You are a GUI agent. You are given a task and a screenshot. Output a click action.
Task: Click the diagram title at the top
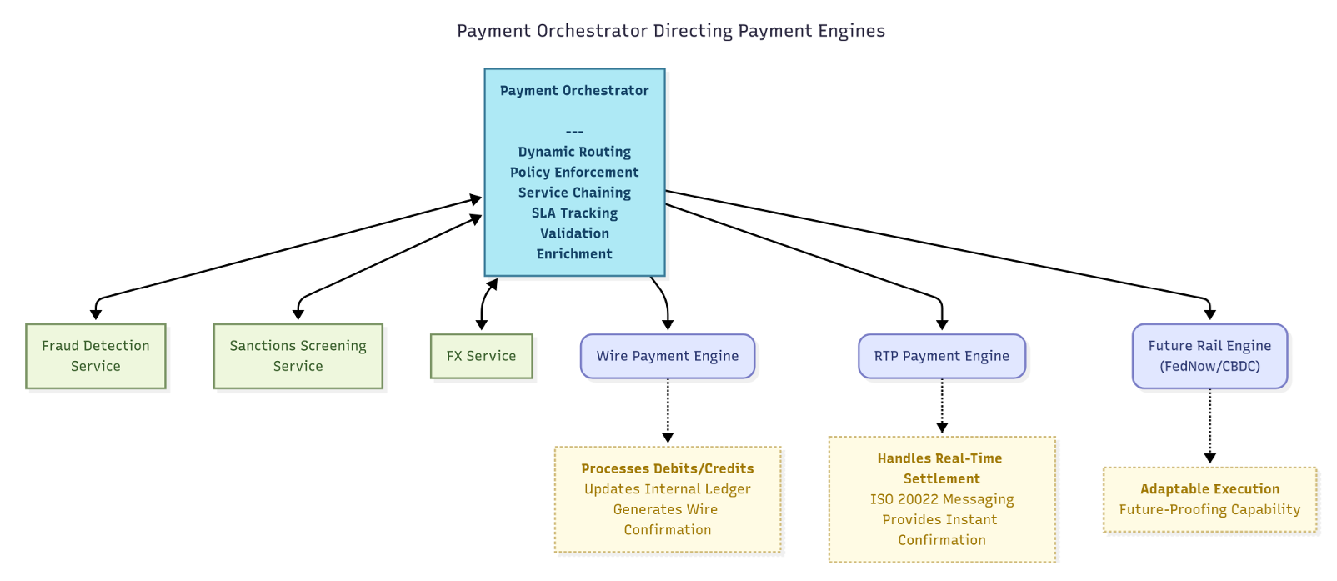[670, 31]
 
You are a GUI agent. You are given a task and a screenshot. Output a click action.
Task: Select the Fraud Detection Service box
[96, 356]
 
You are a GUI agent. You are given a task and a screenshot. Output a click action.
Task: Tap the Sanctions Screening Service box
[298, 356]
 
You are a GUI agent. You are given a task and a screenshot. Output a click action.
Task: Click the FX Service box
[481, 356]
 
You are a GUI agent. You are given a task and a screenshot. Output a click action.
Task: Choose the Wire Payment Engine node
[667, 356]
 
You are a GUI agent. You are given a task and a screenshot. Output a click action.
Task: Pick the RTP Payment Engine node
[941, 356]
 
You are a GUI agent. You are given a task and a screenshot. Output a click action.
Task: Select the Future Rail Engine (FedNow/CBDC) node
[1209, 356]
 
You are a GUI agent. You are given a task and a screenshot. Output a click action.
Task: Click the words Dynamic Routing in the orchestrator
[574, 152]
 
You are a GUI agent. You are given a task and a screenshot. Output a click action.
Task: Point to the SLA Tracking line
[574, 213]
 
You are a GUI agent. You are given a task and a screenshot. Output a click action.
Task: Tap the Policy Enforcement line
[574, 173]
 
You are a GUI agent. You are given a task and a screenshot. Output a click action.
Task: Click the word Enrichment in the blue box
[574, 254]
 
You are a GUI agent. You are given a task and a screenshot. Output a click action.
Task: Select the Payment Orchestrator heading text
[574, 91]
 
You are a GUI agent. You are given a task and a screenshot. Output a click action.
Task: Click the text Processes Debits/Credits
[667, 468]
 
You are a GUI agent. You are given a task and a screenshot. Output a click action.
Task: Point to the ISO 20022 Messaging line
[942, 499]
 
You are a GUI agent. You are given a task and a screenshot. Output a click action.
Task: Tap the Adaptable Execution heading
[1209, 489]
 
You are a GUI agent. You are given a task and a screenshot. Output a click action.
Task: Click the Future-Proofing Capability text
[1209, 509]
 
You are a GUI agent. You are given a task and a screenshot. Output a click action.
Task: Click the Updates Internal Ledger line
[667, 489]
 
